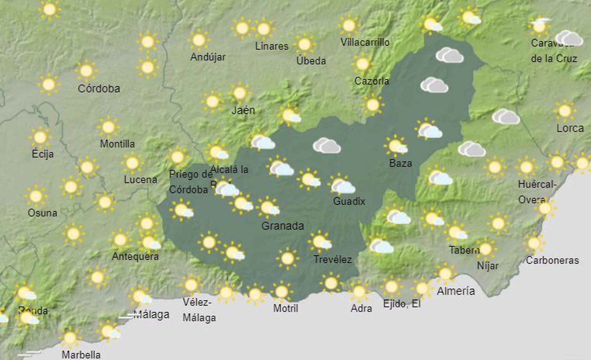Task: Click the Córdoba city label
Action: [x=99, y=89]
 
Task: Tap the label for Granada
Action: [x=283, y=226]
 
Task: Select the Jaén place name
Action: [x=243, y=110]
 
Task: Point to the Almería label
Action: [x=456, y=291]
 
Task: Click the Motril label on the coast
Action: [x=286, y=308]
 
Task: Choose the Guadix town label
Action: [x=349, y=201]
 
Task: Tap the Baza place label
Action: [x=400, y=163]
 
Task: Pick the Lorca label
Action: [x=570, y=129]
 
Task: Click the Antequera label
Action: [x=135, y=257]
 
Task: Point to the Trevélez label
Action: [x=332, y=259]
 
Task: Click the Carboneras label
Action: [x=552, y=261]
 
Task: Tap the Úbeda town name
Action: [x=311, y=61]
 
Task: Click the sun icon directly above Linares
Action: [x=263, y=29]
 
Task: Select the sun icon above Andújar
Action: [x=199, y=40]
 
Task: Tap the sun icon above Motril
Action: [x=281, y=292]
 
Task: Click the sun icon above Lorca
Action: [x=564, y=111]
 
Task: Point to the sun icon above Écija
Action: [x=40, y=137]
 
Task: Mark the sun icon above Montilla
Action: [x=108, y=127]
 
